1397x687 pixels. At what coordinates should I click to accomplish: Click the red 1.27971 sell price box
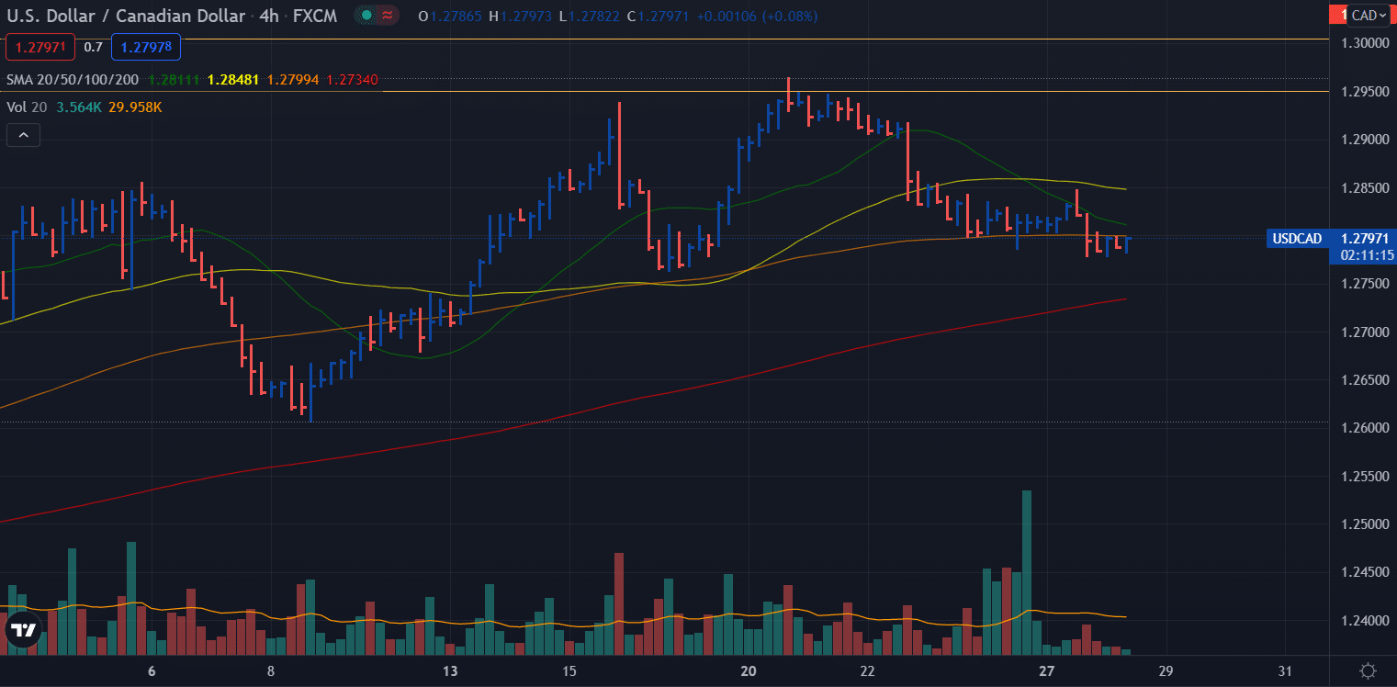(x=40, y=48)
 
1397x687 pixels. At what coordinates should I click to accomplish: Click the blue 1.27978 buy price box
(x=146, y=48)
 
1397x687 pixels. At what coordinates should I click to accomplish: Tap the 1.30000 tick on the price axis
(x=1365, y=43)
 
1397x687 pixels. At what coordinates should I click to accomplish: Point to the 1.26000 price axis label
(x=1365, y=428)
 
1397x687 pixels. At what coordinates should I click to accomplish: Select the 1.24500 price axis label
(x=1365, y=571)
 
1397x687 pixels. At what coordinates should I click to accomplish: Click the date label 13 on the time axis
(x=450, y=671)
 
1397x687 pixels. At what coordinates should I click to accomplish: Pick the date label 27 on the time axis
(x=1046, y=671)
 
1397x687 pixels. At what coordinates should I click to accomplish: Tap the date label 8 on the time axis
(x=271, y=671)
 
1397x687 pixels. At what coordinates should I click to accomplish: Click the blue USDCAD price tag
(x=1297, y=239)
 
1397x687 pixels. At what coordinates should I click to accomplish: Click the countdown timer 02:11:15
(x=1367, y=255)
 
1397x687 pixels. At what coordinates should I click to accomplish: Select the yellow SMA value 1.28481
(x=232, y=80)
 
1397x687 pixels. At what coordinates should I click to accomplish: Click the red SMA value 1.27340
(x=353, y=80)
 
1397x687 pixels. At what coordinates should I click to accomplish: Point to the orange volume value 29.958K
(x=135, y=107)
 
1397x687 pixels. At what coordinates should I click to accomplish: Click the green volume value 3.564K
(x=79, y=107)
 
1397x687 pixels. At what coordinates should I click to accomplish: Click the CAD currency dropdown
(x=1369, y=16)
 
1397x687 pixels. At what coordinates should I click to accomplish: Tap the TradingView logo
(x=24, y=630)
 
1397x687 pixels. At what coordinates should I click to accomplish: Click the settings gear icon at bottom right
(x=1368, y=670)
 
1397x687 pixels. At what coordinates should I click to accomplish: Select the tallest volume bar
(x=1027, y=572)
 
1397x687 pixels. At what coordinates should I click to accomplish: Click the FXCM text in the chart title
(x=315, y=17)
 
